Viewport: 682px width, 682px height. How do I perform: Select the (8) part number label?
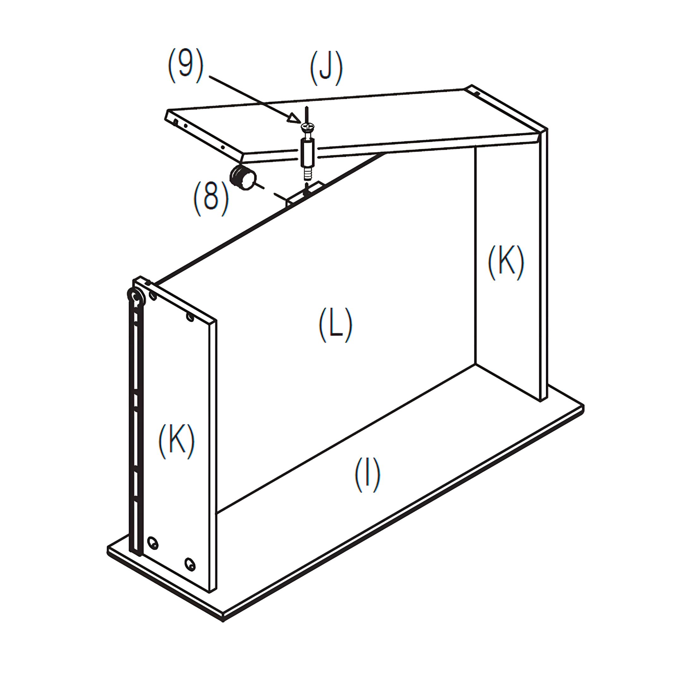point(211,198)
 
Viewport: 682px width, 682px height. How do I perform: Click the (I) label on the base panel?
point(367,475)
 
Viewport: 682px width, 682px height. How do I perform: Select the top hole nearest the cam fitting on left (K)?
point(153,295)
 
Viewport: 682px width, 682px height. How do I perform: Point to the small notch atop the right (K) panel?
point(476,93)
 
